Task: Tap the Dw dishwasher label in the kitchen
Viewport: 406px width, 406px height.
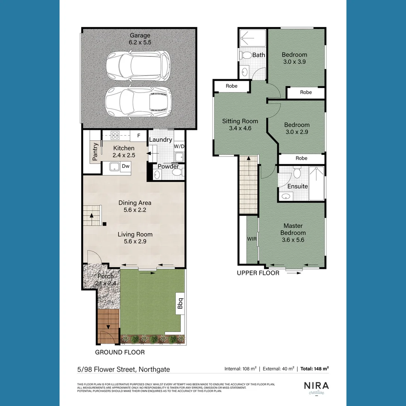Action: [126, 166]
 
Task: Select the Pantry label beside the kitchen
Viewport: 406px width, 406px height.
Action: [95, 151]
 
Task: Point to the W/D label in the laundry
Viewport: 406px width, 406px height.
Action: [179, 146]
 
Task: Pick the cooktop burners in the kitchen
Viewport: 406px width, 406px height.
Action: [115, 135]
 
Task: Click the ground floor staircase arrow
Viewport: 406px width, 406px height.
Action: [91, 216]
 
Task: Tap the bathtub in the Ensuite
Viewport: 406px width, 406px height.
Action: [317, 184]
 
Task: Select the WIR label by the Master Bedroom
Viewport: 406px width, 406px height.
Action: [251, 239]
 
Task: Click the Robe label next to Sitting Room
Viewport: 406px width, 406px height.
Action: [232, 86]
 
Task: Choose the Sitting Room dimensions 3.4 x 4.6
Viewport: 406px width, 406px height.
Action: [240, 128]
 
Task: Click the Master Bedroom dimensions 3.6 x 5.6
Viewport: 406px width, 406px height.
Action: [293, 239]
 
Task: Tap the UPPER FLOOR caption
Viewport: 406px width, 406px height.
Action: [258, 273]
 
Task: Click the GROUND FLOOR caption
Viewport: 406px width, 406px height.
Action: [120, 352]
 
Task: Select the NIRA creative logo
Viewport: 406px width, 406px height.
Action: [316, 387]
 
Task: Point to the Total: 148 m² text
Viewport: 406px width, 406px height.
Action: [315, 369]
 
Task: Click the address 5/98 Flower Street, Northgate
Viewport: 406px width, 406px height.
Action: [123, 369]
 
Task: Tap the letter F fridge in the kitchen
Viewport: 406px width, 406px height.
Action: [138, 135]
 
